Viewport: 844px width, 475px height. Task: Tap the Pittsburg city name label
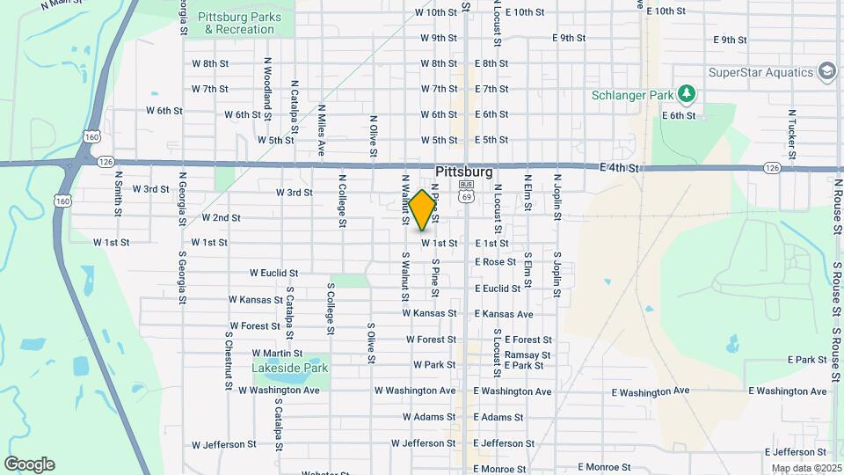463,172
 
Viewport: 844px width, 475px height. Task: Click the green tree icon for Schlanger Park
687,94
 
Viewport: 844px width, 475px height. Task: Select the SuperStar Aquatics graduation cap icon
826,71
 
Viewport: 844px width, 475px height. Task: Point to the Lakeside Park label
289,368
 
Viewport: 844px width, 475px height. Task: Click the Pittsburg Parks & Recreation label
239,23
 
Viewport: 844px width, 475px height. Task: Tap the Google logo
29,464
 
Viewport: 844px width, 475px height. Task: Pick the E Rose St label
495,262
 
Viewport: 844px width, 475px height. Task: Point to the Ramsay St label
527,354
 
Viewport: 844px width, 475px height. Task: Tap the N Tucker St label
792,129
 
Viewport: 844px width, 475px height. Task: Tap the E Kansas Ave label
504,314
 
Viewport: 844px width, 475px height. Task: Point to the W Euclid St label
274,274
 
